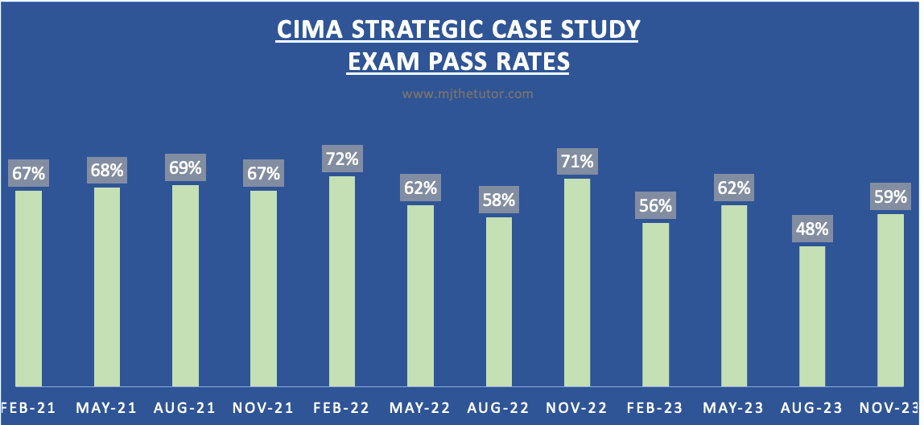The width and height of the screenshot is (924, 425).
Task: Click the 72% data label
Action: point(342,158)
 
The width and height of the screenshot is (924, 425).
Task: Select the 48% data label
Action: point(812,229)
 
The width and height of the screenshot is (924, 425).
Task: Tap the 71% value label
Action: point(577,160)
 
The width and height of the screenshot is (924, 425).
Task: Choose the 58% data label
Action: point(499,199)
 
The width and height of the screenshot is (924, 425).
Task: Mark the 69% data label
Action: point(185,168)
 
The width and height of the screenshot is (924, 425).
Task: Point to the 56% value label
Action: point(656,205)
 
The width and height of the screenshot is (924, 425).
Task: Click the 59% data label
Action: point(890,196)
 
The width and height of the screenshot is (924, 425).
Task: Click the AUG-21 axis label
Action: point(185,407)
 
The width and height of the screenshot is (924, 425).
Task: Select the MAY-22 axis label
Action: point(421,407)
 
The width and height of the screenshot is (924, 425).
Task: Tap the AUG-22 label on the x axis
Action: point(499,407)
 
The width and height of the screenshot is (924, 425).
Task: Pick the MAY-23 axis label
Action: point(734,407)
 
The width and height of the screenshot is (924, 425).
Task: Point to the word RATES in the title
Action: point(531,61)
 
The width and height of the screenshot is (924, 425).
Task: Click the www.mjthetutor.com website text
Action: point(468,94)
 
